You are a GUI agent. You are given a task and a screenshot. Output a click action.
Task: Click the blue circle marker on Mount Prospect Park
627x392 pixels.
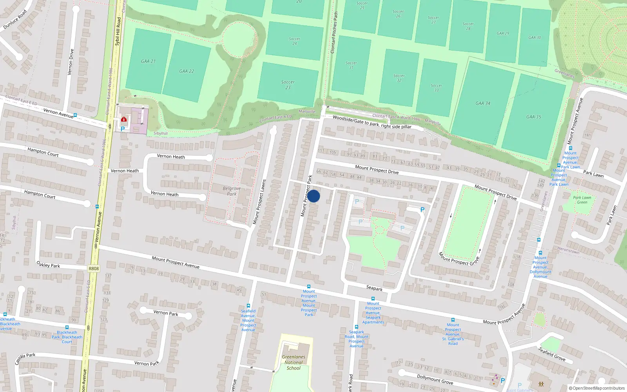coord(313,196)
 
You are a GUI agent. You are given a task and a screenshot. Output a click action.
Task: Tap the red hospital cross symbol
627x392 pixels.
coord(124,119)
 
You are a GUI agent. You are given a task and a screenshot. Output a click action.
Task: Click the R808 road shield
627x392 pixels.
coord(94,269)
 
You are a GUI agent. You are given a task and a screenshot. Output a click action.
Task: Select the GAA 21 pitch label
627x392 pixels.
coord(148,61)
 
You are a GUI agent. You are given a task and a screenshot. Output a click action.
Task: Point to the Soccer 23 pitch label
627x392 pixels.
coord(288,85)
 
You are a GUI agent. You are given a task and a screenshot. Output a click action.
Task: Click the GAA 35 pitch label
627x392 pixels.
coord(533,117)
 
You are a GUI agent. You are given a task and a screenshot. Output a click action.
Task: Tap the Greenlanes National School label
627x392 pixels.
coord(294,362)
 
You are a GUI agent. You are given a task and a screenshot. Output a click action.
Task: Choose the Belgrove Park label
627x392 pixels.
coord(232,191)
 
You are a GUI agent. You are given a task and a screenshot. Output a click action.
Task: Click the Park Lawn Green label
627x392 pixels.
coord(582,200)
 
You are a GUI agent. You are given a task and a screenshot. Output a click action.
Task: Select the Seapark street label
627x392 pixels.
coord(374,288)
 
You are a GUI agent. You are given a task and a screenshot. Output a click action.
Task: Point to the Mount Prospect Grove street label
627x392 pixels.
coord(459,259)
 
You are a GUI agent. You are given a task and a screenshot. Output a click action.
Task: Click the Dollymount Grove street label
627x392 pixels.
coord(435,379)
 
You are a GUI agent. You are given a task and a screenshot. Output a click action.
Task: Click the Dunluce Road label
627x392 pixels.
coord(15,20)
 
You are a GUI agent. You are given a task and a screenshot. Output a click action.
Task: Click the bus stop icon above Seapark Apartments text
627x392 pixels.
coord(373,298)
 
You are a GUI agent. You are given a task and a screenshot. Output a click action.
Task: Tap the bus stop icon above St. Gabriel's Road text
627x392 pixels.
coord(453,320)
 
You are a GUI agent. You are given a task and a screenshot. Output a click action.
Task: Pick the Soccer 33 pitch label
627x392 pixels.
coord(436,88)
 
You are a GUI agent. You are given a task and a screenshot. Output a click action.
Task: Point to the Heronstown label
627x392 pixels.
coord(568,250)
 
